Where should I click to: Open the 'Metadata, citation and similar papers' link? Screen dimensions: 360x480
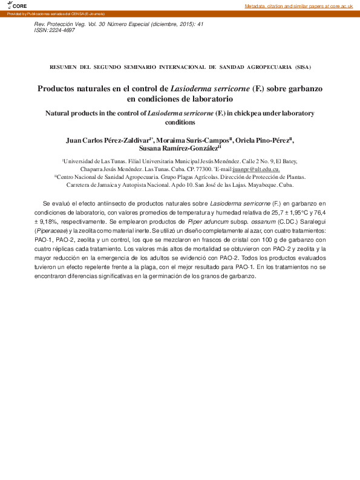tap(298, 5)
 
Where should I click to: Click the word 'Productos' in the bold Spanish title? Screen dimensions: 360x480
tap(61, 88)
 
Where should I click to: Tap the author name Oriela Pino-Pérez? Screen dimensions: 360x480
tap(263, 140)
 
